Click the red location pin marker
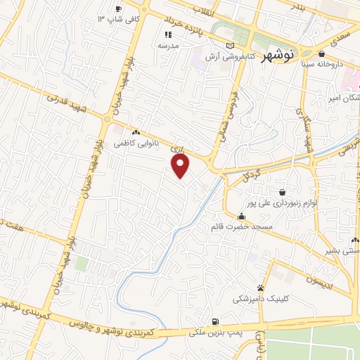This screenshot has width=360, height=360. coord(181,167)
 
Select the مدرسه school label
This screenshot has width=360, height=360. coord(168,45)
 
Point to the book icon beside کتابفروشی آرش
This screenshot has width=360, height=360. coord(229,45)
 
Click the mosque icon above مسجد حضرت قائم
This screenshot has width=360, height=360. coord(242,217)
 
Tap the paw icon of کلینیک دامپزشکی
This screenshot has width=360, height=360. coord(261,288)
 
